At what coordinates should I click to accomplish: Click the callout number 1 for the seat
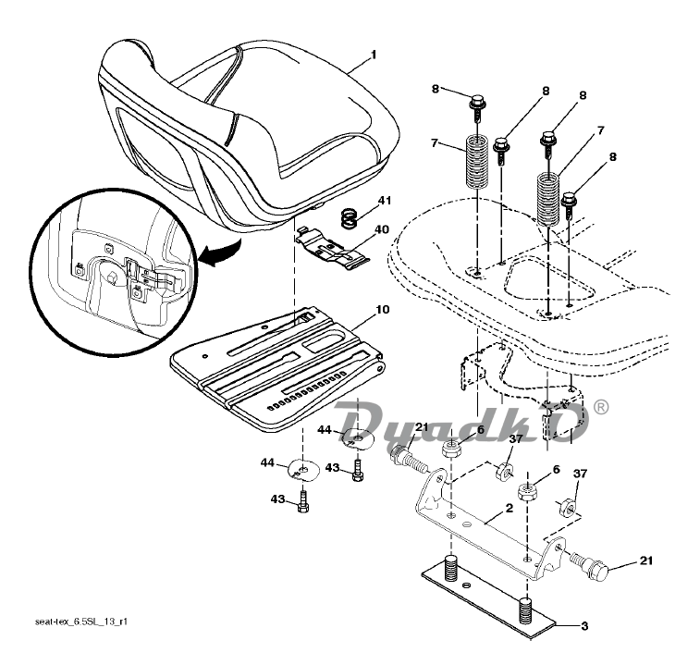[x=374, y=55]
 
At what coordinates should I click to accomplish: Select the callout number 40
[x=382, y=229]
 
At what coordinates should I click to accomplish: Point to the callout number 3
[x=584, y=626]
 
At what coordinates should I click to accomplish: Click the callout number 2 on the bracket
[x=510, y=509]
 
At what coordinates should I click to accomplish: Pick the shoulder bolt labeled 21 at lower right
[x=590, y=567]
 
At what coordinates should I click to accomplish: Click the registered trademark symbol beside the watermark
[x=602, y=407]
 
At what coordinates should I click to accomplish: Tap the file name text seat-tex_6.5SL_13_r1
[x=81, y=622]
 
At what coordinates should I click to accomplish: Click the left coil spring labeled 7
[x=477, y=162]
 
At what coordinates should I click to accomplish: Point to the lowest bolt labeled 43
[x=303, y=501]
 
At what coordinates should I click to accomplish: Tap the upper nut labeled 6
[x=451, y=447]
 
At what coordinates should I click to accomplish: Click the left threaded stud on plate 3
[x=452, y=568]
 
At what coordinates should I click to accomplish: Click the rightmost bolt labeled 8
[x=570, y=204]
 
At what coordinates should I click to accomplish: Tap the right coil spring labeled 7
[x=548, y=200]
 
